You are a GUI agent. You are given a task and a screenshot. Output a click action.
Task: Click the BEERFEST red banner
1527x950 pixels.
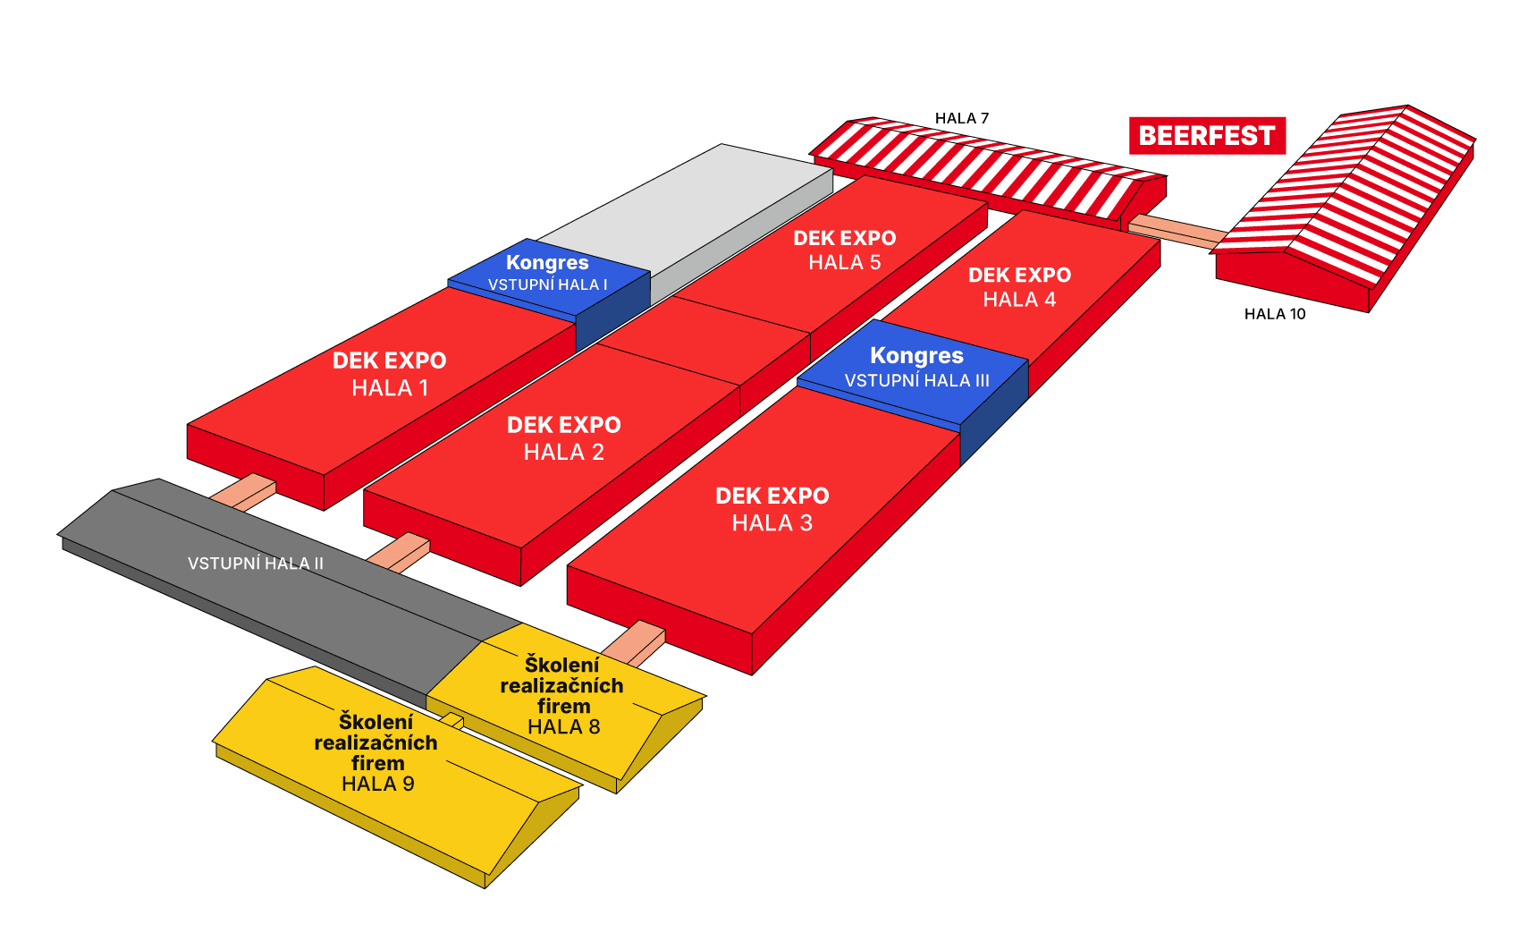(1207, 136)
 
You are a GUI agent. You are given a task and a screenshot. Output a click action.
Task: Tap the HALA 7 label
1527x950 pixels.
(961, 118)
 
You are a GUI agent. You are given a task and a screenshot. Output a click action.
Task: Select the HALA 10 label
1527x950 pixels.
(1275, 314)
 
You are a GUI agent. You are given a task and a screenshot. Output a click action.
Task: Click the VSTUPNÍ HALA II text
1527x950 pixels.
(256, 564)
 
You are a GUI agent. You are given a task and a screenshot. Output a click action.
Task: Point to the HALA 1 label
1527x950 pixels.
(390, 388)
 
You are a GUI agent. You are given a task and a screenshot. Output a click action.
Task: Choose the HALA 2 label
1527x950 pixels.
(564, 452)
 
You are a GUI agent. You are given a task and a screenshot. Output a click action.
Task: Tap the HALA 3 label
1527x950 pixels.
(772, 523)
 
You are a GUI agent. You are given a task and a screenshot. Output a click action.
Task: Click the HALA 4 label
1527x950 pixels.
(1019, 300)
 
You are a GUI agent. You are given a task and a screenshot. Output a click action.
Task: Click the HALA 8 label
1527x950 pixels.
(564, 727)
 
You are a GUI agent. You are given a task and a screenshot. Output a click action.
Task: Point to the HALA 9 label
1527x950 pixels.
(377, 785)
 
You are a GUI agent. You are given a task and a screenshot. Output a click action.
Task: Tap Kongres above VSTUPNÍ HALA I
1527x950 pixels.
(547, 263)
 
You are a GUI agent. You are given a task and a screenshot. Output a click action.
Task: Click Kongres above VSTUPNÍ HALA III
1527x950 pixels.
(917, 355)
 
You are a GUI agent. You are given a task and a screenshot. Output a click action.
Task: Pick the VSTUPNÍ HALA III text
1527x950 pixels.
(917, 380)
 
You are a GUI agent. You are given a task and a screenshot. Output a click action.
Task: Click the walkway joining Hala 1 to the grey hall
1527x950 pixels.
(243, 492)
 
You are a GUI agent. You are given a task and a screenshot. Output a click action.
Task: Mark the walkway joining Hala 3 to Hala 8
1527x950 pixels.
(634, 643)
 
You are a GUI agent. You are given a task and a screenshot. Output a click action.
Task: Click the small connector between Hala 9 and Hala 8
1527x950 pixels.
(452, 721)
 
